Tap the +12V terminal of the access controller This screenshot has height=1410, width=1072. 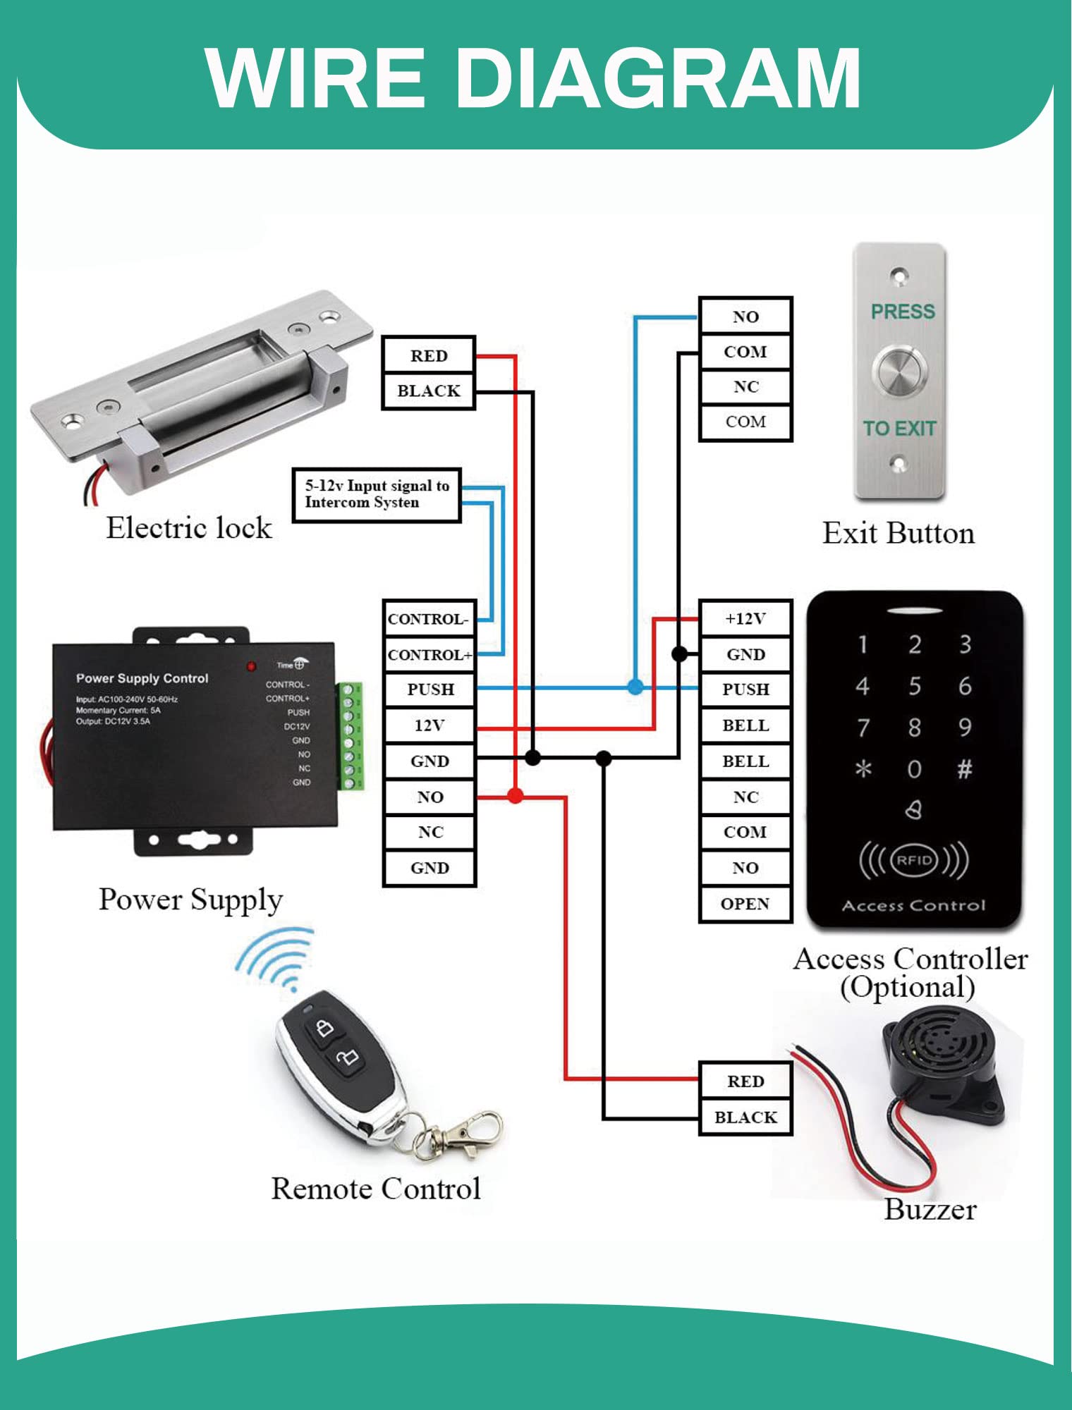point(745,618)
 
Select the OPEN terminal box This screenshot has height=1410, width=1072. point(745,904)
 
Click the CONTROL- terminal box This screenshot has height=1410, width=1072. point(429,619)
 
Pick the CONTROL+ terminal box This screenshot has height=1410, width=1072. point(429,655)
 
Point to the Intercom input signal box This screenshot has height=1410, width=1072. point(377,495)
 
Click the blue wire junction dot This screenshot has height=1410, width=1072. point(635,687)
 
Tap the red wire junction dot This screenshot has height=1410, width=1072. point(516,797)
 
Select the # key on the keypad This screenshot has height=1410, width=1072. point(964,768)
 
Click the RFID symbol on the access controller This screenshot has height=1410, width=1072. point(914,860)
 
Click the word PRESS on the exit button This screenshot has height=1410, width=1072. point(903,312)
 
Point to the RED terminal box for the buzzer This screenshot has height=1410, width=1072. point(745,1081)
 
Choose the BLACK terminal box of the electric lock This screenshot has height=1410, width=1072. point(429,391)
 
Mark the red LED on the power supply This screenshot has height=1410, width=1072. point(251,666)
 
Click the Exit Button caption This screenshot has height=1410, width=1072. point(899,534)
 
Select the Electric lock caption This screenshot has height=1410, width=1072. point(189,528)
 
